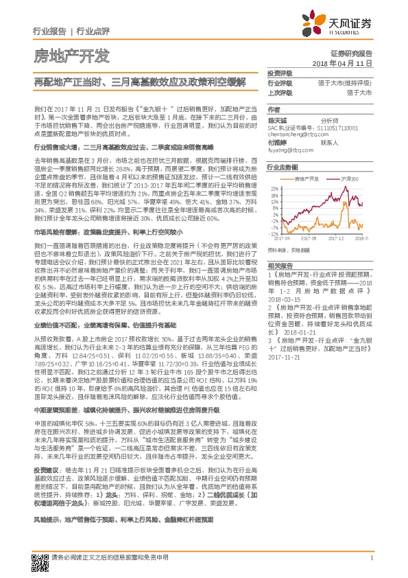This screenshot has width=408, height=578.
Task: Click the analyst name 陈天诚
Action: coord(277,121)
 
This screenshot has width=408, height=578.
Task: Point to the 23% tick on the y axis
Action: coord(274,187)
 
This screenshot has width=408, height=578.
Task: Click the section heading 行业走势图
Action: coord(282,167)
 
